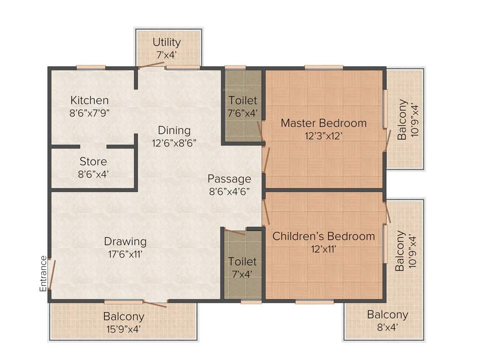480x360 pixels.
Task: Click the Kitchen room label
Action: pos(90,100)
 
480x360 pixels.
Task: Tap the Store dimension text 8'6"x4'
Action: pos(93,173)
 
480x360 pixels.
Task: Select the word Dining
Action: pos(174,130)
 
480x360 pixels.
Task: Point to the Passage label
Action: pos(229,179)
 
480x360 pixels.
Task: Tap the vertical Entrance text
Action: pos(43,274)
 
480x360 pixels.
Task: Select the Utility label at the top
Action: pos(166,43)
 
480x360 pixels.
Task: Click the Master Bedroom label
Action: pos(323,123)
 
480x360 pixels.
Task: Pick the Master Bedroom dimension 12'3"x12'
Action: pos(323,135)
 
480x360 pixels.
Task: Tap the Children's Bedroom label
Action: pos(323,236)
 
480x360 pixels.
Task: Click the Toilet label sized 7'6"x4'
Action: pos(243,100)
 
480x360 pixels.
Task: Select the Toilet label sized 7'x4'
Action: pos(242,261)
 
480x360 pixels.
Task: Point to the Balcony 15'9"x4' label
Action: pos(124,317)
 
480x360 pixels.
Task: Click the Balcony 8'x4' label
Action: pos(387,315)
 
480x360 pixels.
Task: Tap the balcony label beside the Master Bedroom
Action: pos(402,120)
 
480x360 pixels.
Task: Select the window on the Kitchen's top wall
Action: pos(90,67)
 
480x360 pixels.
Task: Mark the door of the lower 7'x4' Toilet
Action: pos(234,232)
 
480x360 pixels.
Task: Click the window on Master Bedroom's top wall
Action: pos(323,67)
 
